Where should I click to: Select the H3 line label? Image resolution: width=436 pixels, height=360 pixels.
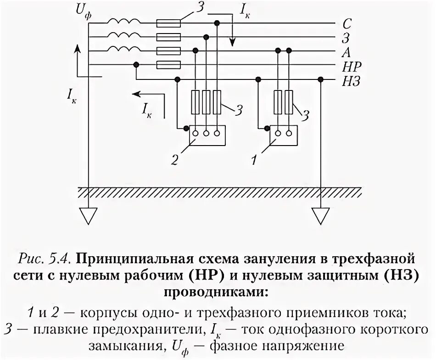pos(352,81)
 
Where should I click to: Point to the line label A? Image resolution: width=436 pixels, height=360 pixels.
pos(347,52)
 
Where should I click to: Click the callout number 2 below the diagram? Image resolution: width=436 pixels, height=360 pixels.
pos(174,160)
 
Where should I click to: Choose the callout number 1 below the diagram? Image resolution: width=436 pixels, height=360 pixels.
pos(252,160)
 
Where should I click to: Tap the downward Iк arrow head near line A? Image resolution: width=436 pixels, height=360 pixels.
pos(233,44)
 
